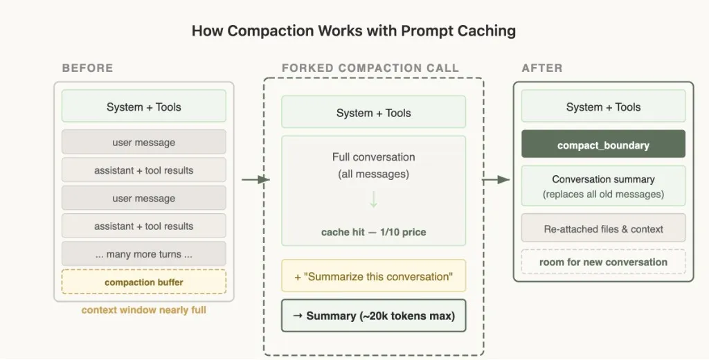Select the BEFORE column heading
[x=87, y=68]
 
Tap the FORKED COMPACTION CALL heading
[x=370, y=68]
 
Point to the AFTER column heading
[x=541, y=68]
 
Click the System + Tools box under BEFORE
[x=143, y=107]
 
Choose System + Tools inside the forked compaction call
[x=373, y=113]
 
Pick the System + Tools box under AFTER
[x=603, y=107]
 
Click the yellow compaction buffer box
[x=143, y=282]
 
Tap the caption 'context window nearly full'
[x=143, y=309]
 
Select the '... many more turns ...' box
[x=143, y=254]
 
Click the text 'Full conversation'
[x=373, y=157]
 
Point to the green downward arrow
[x=373, y=200]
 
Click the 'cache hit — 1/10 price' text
[x=373, y=232]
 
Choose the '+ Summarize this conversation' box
[x=373, y=276]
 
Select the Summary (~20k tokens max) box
[x=373, y=316]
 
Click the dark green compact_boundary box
[x=603, y=145]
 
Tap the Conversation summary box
[x=603, y=186]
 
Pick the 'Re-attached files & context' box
[x=603, y=228]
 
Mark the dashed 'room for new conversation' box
[x=603, y=262]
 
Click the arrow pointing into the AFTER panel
[x=496, y=180]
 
